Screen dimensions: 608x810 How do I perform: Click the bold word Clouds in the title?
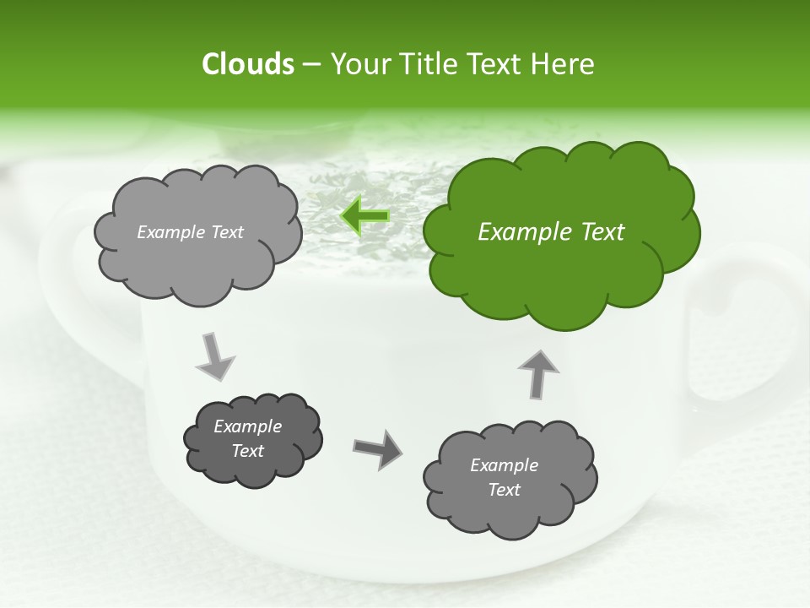(x=247, y=64)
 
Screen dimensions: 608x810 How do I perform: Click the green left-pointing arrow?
(x=365, y=216)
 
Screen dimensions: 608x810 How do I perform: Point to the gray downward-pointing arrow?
(x=215, y=356)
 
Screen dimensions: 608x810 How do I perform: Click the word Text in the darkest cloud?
(x=248, y=451)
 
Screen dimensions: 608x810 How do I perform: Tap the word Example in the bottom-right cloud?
(x=504, y=465)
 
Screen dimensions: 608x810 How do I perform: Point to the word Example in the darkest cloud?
(x=248, y=426)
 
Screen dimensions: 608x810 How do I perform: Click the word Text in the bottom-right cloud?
(x=504, y=490)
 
